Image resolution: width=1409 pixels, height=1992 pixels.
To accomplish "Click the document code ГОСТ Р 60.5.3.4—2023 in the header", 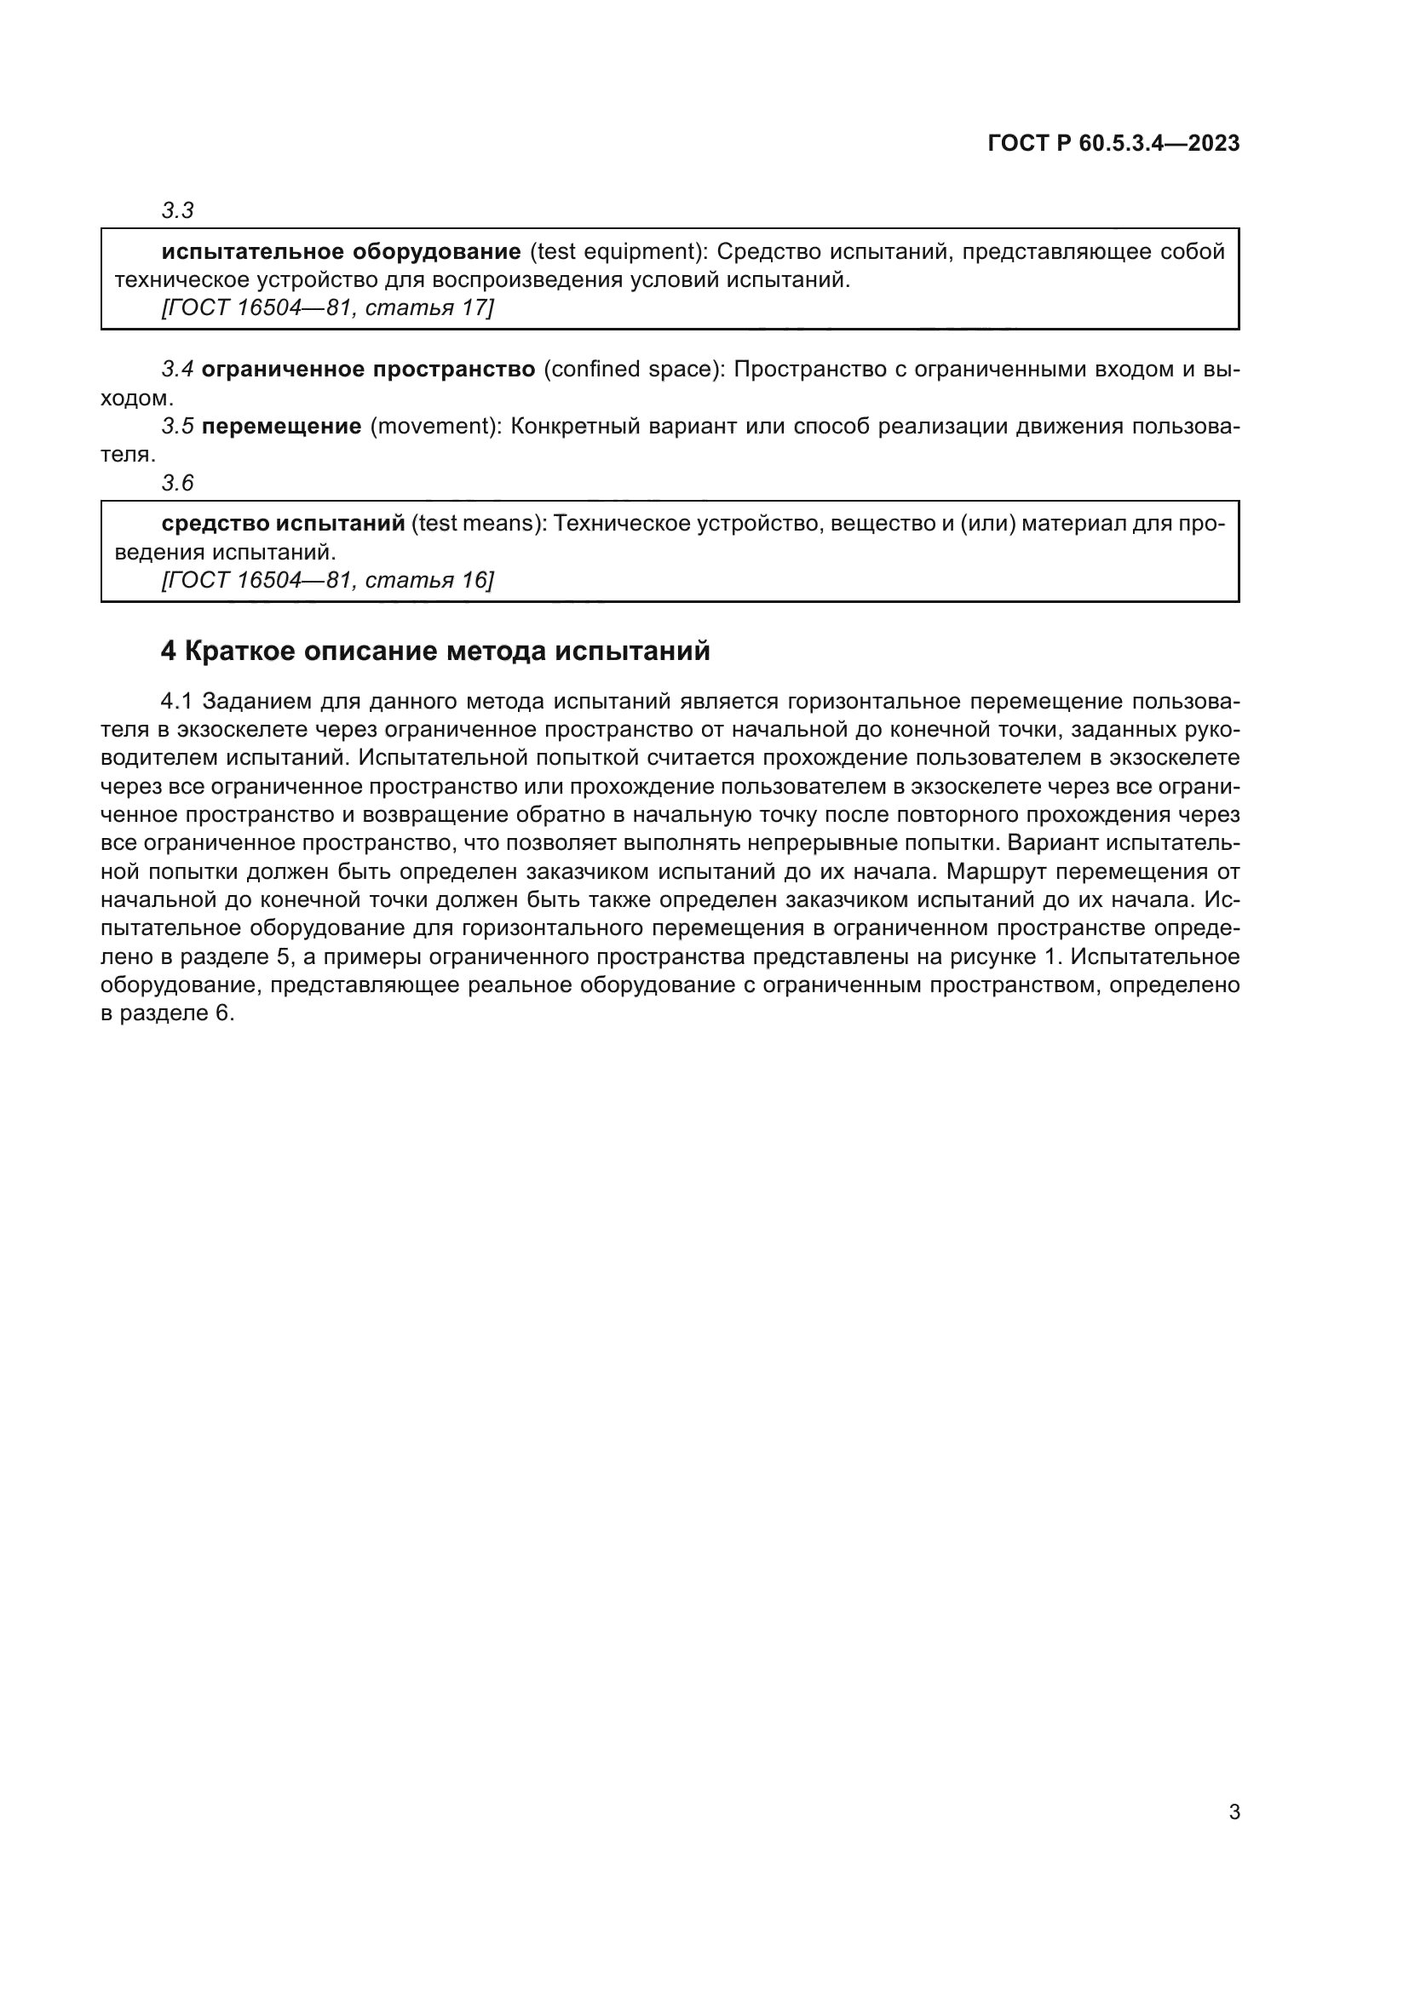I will click(x=1113, y=144).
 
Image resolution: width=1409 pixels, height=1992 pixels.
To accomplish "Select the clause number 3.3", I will click(x=178, y=211).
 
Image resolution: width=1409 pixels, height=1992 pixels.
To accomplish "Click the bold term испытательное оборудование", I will click(x=341, y=251).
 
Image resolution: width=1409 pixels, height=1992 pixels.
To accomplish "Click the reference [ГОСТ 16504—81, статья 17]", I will click(x=327, y=308).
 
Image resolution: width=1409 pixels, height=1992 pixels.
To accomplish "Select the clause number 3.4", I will click(x=178, y=370).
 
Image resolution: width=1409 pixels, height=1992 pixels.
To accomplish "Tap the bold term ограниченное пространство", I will click(x=368, y=370).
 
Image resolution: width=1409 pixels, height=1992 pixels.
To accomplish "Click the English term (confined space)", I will click(x=633, y=370).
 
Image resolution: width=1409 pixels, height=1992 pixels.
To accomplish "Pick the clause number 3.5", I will click(x=178, y=427).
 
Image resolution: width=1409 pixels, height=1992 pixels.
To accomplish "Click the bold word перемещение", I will click(x=281, y=427).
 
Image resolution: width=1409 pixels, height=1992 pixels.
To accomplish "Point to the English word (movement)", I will click(x=433, y=427).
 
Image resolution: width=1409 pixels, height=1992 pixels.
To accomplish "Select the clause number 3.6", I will click(x=178, y=483).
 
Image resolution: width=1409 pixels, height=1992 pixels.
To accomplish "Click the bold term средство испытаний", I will click(x=283, y=524).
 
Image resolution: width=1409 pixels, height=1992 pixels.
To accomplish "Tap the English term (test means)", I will click(x=477, y=524).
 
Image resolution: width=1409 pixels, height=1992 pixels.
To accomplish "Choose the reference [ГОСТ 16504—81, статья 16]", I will click(x=327, y=581).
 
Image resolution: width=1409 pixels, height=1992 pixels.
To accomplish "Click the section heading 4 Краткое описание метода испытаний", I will click(x=434, y=651).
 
